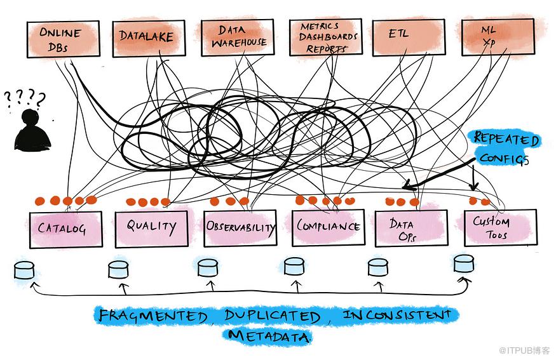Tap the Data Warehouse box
pyautogui.click(x=236, y=37)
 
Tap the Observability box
pyautogui.click(x=240, y=227)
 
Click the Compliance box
pyautogui.click(x=329, y=227)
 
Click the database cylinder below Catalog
pyautogui.click(x=24, y=270)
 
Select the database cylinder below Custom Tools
pyautogui.click(x=464, y=263)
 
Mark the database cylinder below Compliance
pyautogui.click(x=293, y=266)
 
